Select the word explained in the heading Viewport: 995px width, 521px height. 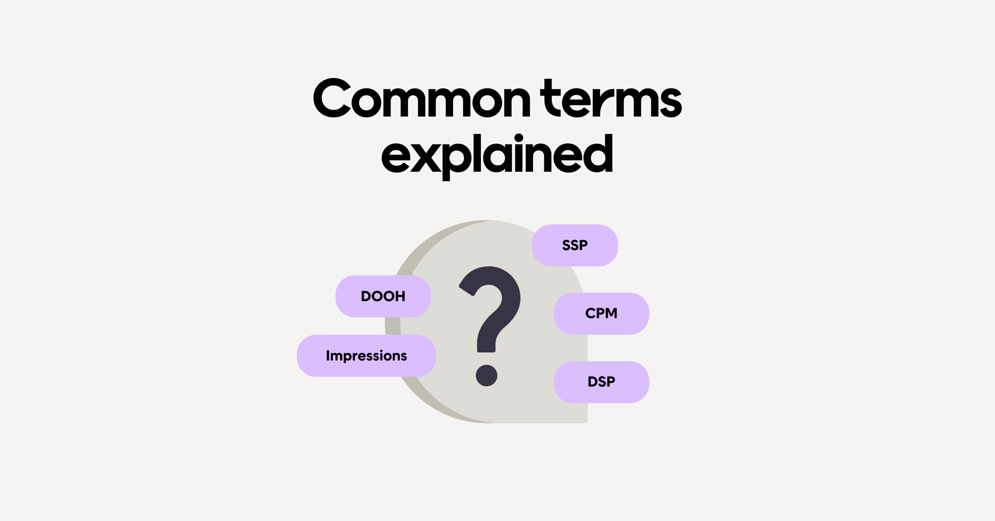pyautogui.click(x=497, y=156)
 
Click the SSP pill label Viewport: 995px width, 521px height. pyautogui.click(x=575, y=245)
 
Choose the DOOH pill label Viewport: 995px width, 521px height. pyautogui.click(x=383, y=296)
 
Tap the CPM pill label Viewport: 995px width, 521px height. pyautogui.click(x=601, y=313)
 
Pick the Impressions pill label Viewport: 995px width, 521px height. pyautogui.click(x=366, y=355)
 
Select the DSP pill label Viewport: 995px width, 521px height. pyautogui.click(x=601, y=382)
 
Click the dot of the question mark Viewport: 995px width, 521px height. pyautogui.click(x=486, y=375)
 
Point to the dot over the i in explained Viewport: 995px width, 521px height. pyautogui.click(x=519, y=138)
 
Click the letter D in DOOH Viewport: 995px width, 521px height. pyautogui.click(x=366, y=296)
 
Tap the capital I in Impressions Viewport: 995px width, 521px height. pyautogui.click(x=328, y=355)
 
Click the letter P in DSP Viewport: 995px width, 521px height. pyautogui.click(x=610, y=382)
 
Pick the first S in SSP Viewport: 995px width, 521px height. pyautogui.click(x=566, y=245)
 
